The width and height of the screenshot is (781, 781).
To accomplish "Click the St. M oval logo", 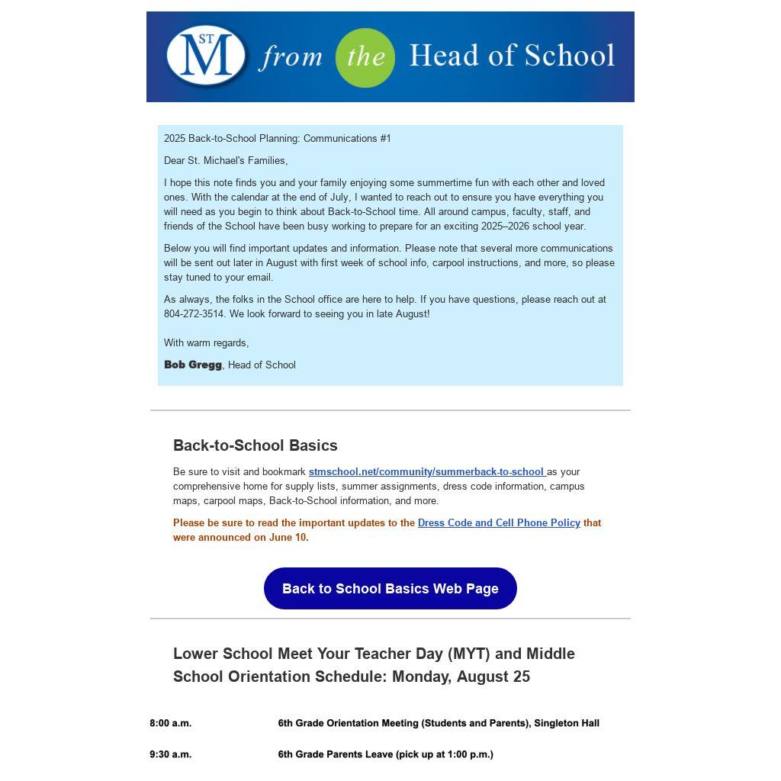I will pyautogui.click(x=206, y=56).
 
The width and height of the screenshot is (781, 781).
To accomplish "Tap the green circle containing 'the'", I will pyautogui.click(x=365, y=58).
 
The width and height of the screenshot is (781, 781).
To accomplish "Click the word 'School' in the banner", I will pyautogui.click(x=570, y=56).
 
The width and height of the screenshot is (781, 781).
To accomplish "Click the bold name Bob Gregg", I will pyautogui.click(x=192, y=365).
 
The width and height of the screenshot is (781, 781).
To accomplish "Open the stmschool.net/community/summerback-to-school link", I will pyautogui.click(x=426, y=472).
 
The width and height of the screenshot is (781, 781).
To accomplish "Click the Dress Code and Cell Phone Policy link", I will pyautogui.click(x=499, y=523).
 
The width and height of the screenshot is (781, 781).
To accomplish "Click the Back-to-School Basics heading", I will pyautogui.click(x=255, y=445).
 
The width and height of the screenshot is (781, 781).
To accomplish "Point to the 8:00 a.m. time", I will pyautogui.click(x=171, y=723).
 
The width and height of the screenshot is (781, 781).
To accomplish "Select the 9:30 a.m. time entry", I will pyautogui.click(x=171, y=754).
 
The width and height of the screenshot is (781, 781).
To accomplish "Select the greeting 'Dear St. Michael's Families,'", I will pyautogui.click(x=226, y=161).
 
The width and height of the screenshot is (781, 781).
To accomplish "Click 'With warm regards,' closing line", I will pyautogui.click(x=206, y=343).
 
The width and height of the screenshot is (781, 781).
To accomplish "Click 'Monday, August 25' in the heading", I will pyautogui.click(x=461, y=677).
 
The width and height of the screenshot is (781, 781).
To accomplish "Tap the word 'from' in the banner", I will pyautogui.click(x=291, y=58).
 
